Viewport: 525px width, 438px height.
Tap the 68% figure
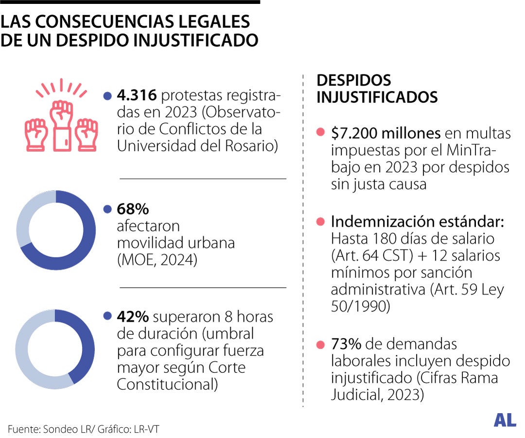pyautogui.click(x=133, y=210)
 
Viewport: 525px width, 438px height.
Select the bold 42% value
pyautogui.click(x=133, y=317)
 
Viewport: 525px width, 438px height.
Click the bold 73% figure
pyautogui.click(x=346, y=344)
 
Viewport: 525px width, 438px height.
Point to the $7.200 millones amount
pyautogui.click(x=385, y=133)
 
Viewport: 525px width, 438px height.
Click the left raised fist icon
pyautogui.click(x=35, y=133)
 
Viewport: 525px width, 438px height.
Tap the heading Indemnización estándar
pyautogui.click(x=417, y=222)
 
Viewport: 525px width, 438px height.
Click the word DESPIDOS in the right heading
pyautogui.click(x=353, y=80)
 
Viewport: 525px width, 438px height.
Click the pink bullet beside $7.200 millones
pyautogui.click(x=320, y=133)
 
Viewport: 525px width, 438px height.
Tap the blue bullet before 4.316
pyautogui.click(x=107, y=96)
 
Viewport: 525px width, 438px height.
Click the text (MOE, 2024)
pyautogui.click(x=157, y=260)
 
